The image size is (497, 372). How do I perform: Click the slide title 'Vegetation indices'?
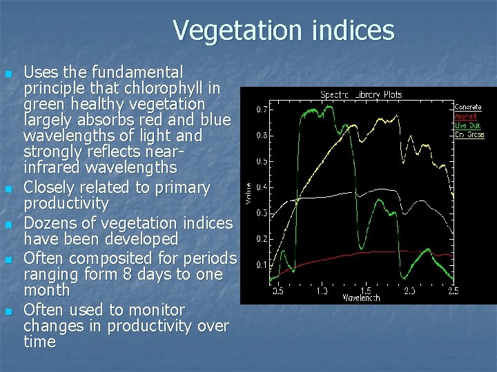point(283,30)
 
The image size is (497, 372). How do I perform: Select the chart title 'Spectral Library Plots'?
point(360,94)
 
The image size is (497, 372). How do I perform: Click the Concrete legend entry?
point(468,107)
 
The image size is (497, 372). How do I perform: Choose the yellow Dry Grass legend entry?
point(469,134)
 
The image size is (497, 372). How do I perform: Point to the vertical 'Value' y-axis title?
point(249,193)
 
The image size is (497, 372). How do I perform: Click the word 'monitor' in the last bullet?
point(157,310)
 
